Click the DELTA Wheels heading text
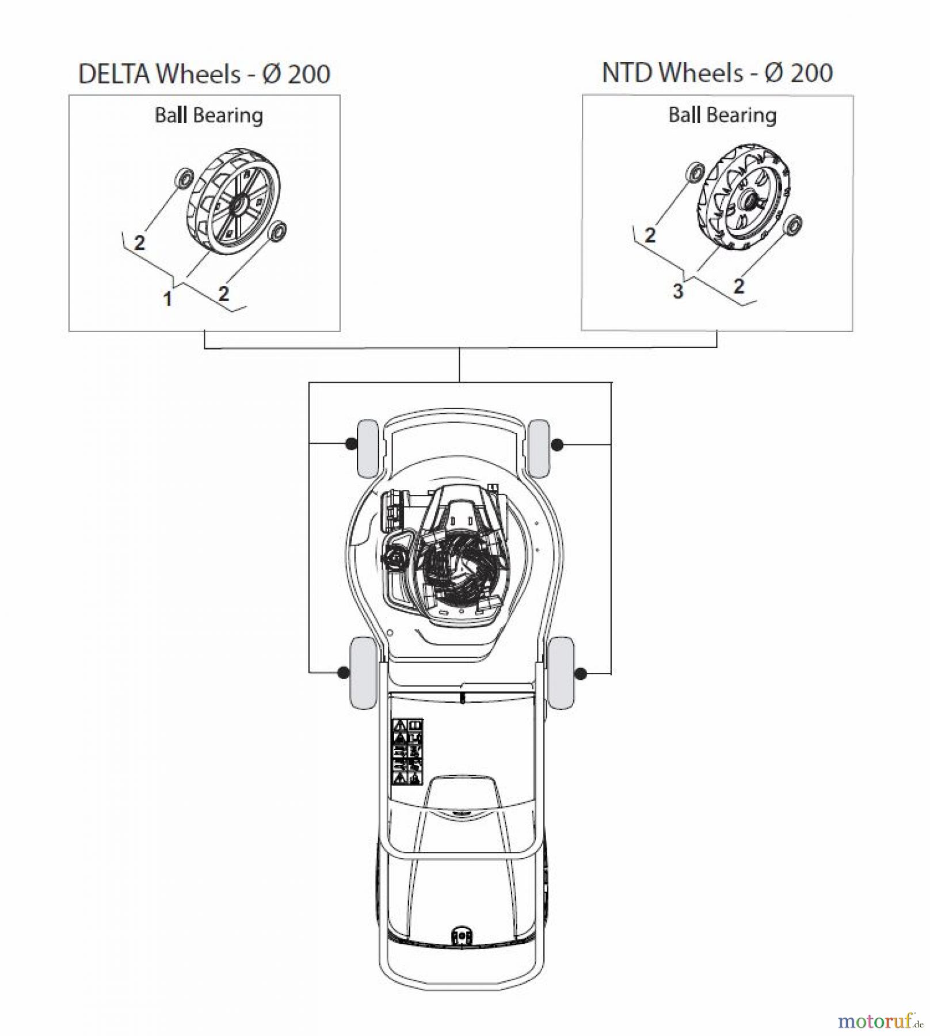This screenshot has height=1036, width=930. coord(204,74)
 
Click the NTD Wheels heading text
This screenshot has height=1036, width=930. coord(717,73)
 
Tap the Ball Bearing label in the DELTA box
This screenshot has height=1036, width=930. coord(209,115)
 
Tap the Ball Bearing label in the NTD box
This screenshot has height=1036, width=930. coord(722,115)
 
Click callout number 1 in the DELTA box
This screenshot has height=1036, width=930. coord(167,299)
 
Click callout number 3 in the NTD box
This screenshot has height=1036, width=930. coord(678,291)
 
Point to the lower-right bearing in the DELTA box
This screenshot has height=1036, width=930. coord(278,231)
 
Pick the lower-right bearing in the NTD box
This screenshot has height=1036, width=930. coord(794,224)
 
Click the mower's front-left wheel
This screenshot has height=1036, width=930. coord(368,448)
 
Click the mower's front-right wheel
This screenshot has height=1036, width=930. coord(539,448)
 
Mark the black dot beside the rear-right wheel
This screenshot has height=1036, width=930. coord(581,673)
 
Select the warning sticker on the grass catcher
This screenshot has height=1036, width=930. coord(407,751)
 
